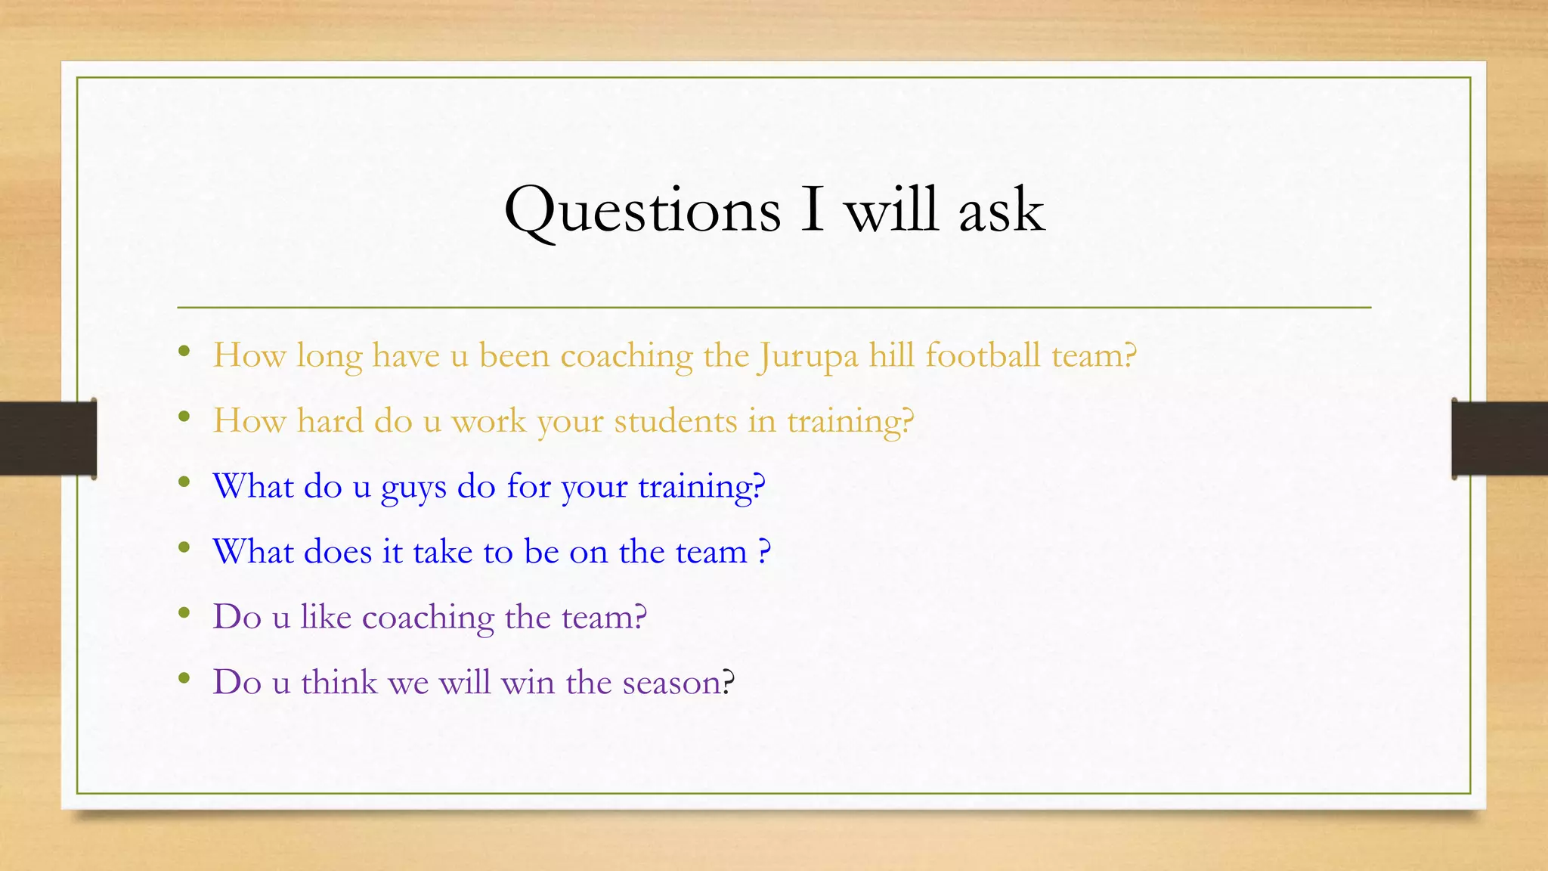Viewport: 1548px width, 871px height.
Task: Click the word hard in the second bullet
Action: [x=330, y=420]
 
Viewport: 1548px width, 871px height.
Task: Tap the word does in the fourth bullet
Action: [x=338, y=551]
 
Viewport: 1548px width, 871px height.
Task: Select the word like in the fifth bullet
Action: [x=326, y=616]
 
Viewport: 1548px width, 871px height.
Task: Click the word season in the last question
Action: [x=671, y=683]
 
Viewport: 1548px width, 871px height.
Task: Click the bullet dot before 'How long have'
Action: [x=184, y=351]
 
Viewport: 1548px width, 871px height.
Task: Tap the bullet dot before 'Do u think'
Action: [x=184, y=678]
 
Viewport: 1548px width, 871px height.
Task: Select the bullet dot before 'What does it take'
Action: [x=184, y=547]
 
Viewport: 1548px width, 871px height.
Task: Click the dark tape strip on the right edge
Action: [x=1500, y=439]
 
